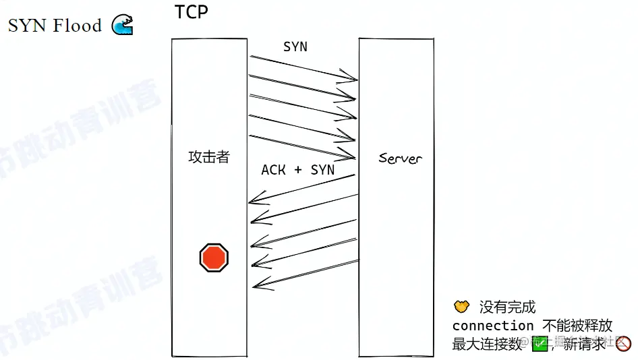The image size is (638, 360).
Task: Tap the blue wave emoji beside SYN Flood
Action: (122, 25)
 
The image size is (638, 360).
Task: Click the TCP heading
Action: (191, 13)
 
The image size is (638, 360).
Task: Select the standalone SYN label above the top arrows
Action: (295, 47)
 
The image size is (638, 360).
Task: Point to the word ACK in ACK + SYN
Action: (274, 170)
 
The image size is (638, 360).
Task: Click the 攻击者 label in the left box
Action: (208, 157)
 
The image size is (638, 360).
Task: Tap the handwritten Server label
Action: (400, 158)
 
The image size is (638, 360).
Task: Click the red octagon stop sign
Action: (214, 258)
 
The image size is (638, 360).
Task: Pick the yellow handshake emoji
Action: (461, 307)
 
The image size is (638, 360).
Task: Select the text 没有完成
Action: (507, 307)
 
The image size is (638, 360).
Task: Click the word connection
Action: (492, 326)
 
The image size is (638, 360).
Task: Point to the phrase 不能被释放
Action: (577, 326)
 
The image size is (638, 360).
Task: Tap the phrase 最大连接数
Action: (488, 344)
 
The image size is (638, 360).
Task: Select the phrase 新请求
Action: (585, 344)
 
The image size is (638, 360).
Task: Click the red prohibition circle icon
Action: (624, 344)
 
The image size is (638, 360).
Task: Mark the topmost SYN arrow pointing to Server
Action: (303, 68)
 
